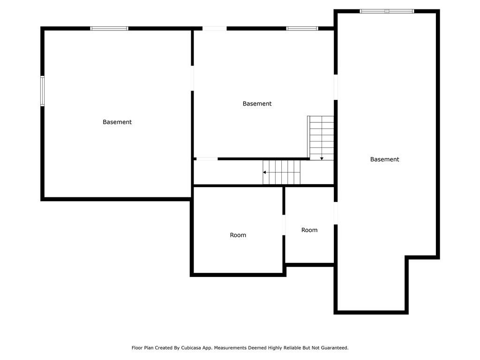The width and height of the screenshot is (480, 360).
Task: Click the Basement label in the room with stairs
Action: coord(257,104)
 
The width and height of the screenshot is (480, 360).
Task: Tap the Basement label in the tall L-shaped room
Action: coord(384,159)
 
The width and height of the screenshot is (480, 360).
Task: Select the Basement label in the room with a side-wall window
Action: coord(117,122)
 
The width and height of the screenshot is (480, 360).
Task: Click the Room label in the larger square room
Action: coord(238,235)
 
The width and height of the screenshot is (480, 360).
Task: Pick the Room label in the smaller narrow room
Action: coord(309,230)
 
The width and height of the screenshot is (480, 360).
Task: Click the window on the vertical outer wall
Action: coord(43,91)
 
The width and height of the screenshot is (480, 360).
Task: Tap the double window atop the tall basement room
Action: coord(387,11)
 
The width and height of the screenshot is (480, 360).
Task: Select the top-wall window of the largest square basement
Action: coord(109,29)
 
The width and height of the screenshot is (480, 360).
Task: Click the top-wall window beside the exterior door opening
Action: coord(302,29)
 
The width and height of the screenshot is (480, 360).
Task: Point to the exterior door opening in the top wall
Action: coord(215,29)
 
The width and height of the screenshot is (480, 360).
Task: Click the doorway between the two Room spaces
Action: coord(284,225)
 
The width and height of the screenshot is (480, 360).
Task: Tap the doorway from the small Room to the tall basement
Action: coord(336,213)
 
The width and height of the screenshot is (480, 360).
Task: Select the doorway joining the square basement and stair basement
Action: coord(192,78)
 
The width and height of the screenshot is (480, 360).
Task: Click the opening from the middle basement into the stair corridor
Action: coord(207,159)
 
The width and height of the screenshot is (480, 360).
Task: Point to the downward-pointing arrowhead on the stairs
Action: coord(322,158)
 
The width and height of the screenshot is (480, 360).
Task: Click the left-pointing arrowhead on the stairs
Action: coord(264,172)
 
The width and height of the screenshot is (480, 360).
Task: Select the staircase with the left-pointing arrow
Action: coord(282,172)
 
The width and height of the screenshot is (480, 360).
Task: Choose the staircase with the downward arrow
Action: coord(321,138)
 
